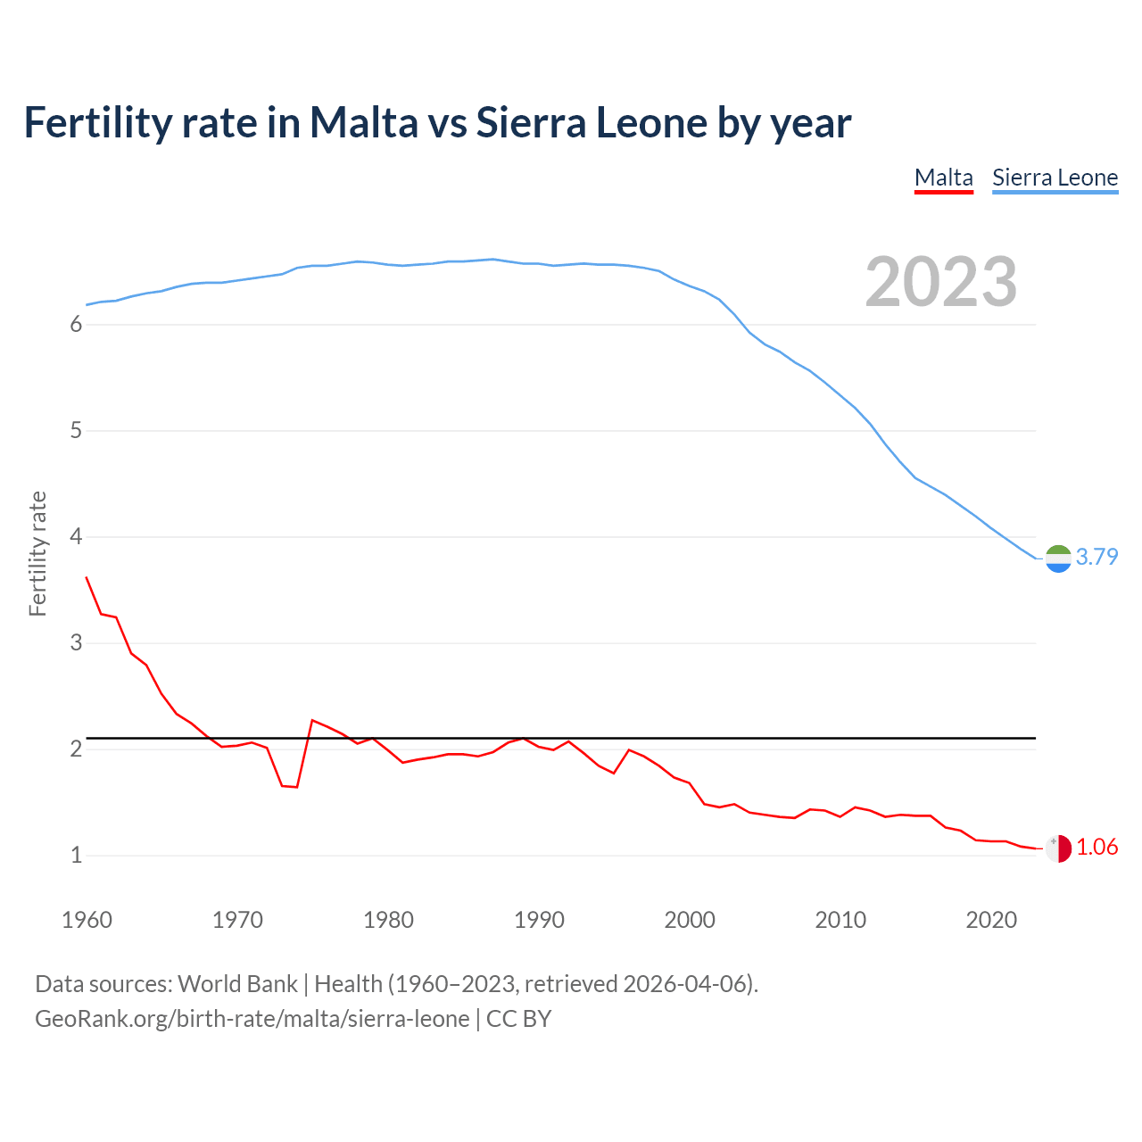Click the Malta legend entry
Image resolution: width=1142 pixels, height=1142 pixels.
tap(943, 178)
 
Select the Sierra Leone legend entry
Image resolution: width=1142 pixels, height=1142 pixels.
tap(1055, 178)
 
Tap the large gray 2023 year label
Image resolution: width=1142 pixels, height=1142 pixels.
tap(940, 282)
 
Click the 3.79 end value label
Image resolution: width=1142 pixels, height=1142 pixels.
tap(1096, 557)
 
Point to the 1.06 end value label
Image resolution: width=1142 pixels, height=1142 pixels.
tap(1096, 847)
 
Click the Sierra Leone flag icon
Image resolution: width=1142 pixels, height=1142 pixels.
tap(1058, 559)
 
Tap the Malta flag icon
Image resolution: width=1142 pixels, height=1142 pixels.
tap(1058, 848)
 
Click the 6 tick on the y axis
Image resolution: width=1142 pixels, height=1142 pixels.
tap(76, 325)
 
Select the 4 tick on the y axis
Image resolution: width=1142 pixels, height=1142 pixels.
tap(76, 537)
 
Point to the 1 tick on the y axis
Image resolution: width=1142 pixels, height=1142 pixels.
tap(76, 856)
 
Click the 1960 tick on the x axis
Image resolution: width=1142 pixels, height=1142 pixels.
tap(87, 920)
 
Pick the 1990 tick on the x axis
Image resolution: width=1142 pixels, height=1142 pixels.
tap(539, 920)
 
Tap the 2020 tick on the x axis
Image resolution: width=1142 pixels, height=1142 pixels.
tap(991, 920)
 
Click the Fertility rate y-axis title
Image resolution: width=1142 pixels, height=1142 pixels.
tap(37, 553)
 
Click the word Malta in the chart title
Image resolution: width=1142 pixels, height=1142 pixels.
tap(363, 122)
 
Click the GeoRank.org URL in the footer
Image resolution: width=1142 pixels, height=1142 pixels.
tap(252, 1019)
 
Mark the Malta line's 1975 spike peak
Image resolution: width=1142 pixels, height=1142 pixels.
tap(312, 720)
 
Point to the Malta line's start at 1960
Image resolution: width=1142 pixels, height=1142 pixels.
tap(87, 577)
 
